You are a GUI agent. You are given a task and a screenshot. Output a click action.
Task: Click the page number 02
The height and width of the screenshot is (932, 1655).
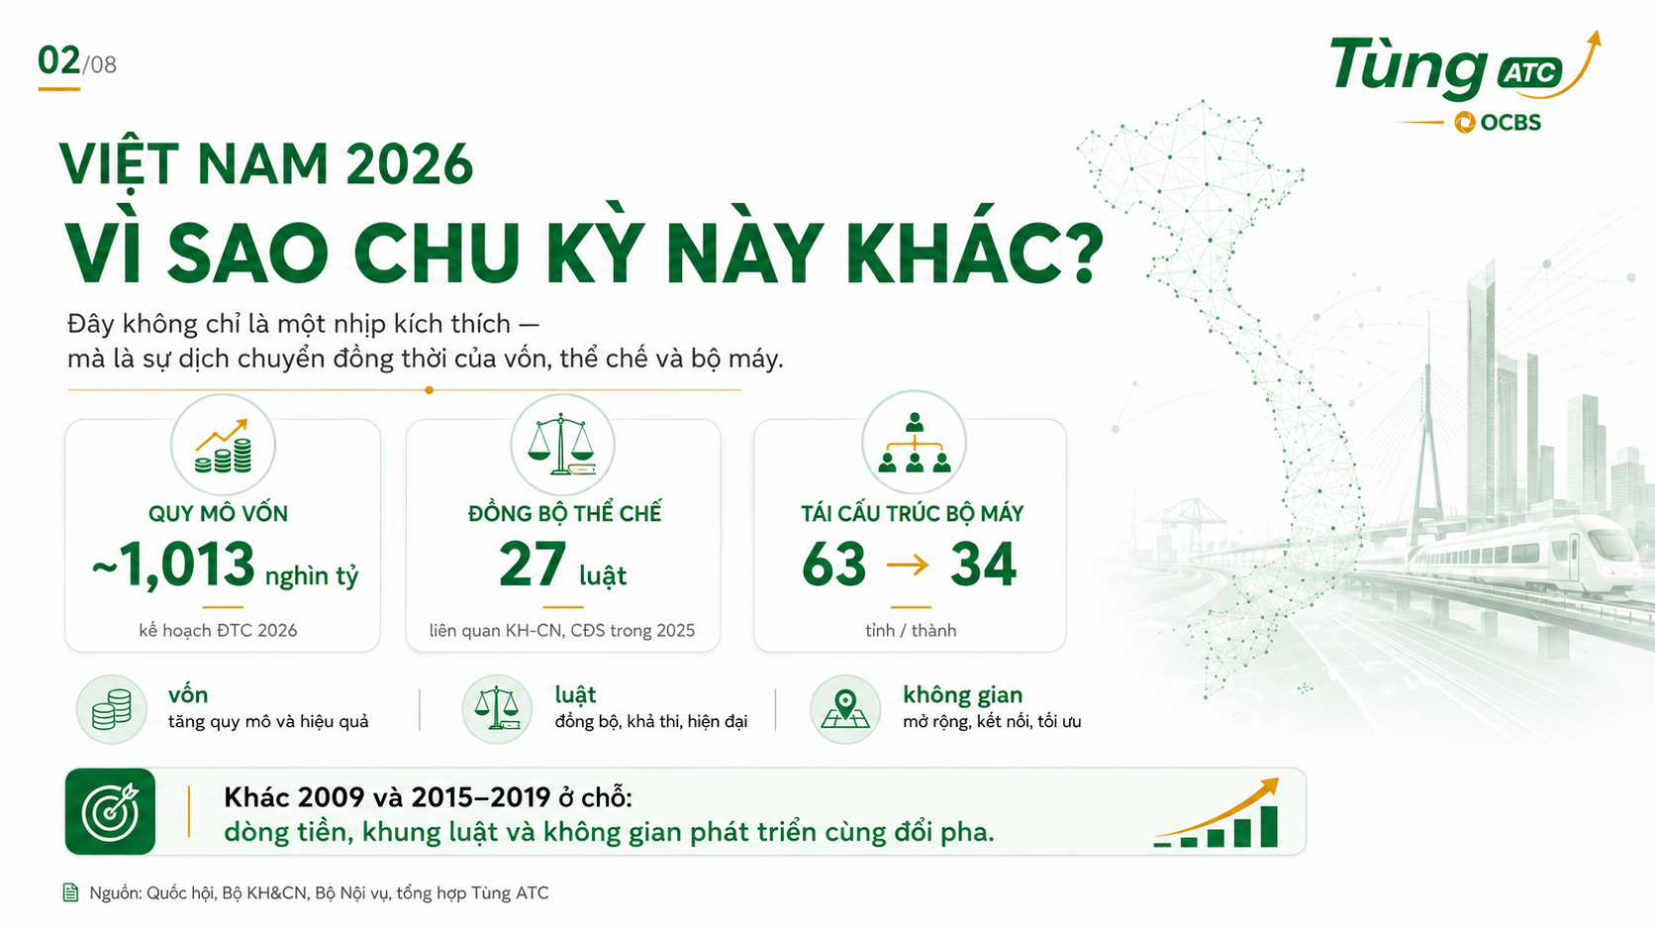(x=59, y=60)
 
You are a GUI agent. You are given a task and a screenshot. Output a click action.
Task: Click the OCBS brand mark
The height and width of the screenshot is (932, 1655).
(x=1498, y=123)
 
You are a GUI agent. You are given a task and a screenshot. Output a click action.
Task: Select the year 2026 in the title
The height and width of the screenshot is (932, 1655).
(x=409, y=164)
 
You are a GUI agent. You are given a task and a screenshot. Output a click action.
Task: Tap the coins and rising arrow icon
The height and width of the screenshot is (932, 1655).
(x=223, y=446)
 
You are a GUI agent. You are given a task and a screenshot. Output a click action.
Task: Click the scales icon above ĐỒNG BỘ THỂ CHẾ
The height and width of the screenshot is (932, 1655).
(x=562, y=444)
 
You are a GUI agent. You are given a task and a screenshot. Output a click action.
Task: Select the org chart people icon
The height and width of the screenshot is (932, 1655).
(x=915, y=443)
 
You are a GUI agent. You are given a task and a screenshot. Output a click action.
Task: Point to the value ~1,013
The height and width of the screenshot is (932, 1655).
(x=173, y=566)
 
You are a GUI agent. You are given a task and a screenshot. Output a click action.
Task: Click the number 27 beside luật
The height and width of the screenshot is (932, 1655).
(x=533, y=565)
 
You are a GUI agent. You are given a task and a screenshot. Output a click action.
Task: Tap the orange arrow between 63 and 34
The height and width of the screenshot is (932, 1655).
(x=908, y=566)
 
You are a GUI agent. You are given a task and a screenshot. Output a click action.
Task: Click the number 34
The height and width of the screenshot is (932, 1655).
(x=983, y=565)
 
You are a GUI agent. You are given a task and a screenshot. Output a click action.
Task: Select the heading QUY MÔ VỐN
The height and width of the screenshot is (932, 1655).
(x=218, y=514)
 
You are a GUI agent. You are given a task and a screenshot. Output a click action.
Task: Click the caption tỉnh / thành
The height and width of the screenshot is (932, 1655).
(x=911, y=631)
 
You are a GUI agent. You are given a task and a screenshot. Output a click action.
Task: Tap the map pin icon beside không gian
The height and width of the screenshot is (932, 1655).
(x=845, y=709)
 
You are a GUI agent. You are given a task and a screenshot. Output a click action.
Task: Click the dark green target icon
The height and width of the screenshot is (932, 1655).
(x=110, y=811)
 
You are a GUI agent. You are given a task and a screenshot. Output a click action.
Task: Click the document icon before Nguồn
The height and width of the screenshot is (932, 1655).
(x=70, y=892)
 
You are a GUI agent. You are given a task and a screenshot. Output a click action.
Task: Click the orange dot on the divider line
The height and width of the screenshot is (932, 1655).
(x=430, y=390)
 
